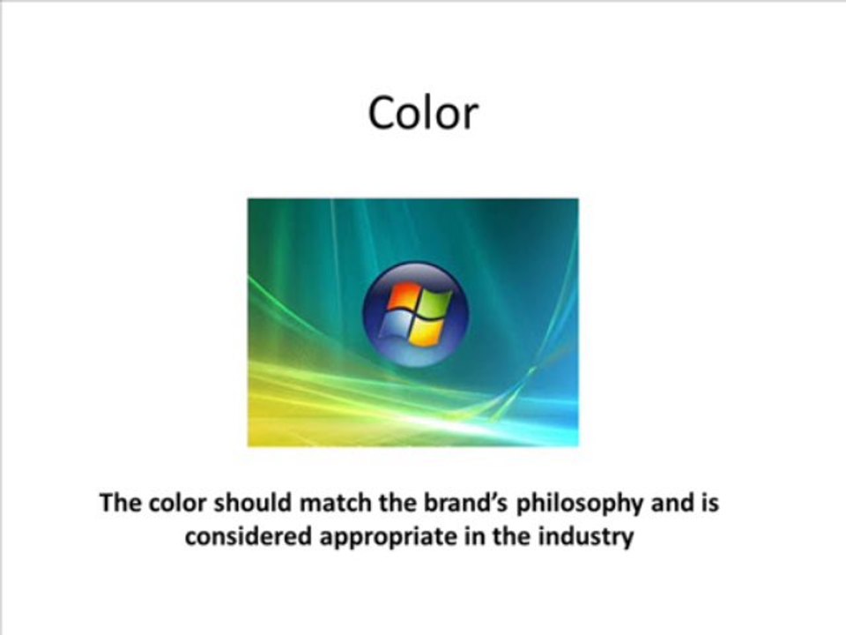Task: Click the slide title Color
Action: click(x=423, y=114)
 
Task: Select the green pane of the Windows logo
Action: click(x=432, y=303)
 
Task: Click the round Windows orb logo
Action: click(x=415, y=313)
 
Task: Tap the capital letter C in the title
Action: click(x=381, y=114)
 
